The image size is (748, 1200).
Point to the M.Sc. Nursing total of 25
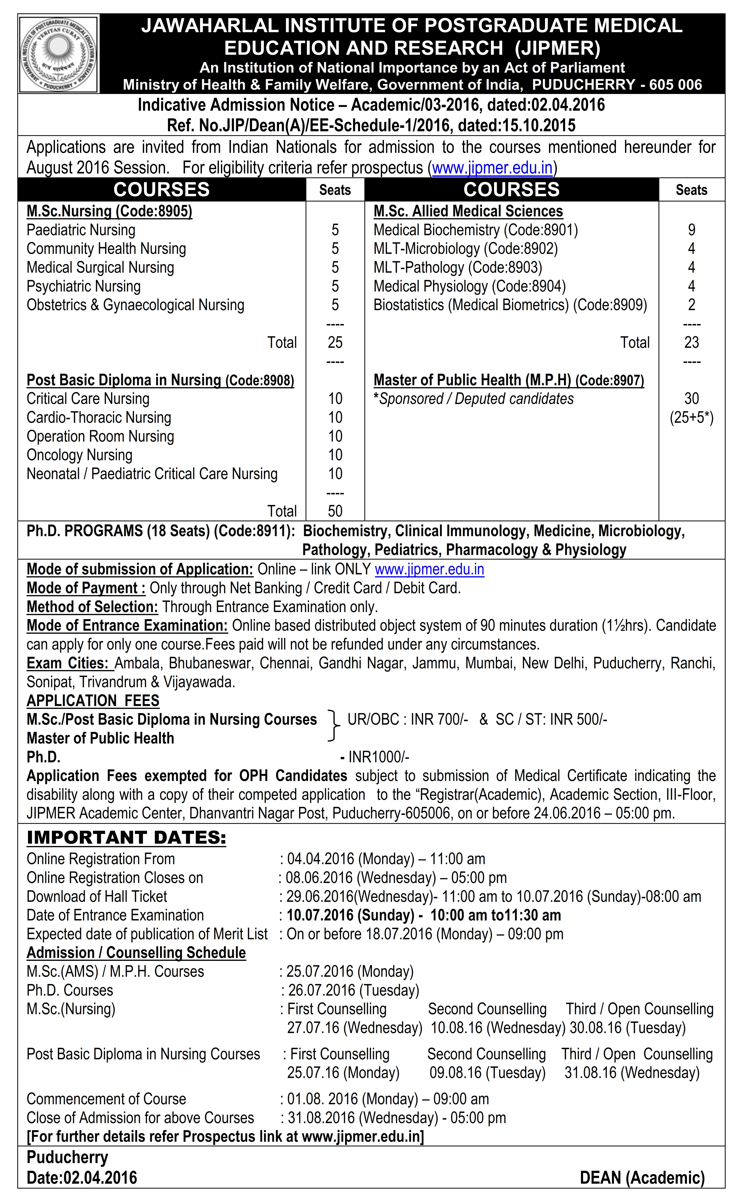pos(335,343)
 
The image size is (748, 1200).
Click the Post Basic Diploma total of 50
pos(335,511)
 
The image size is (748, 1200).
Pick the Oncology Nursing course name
pos(80,455)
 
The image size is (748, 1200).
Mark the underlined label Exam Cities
pos(68,663)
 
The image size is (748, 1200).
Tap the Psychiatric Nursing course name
pos(84,286)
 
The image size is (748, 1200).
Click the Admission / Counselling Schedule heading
pos(136,953)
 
